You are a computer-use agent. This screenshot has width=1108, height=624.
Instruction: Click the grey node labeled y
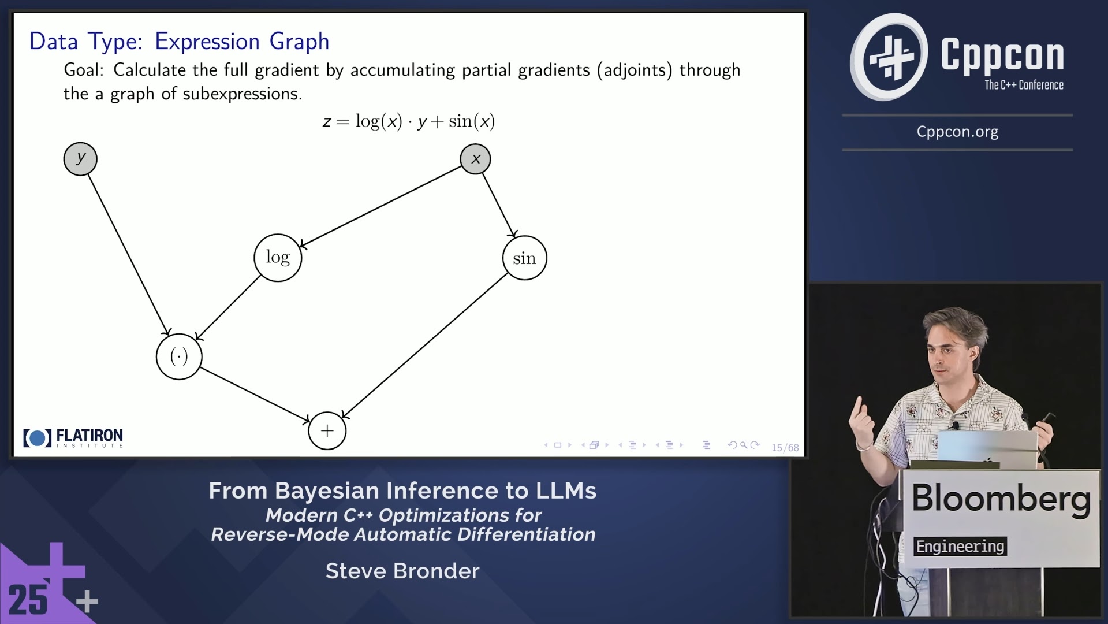pyautogui.click(x=80, y=159)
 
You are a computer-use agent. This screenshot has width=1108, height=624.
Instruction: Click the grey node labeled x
pyautogui.click(x=475, y=159)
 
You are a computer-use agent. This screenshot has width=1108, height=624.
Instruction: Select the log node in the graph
pyautogui.click(x=278, y=258)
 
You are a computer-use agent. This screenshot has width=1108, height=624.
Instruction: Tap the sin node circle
pyautogui.click(x=524, y=258)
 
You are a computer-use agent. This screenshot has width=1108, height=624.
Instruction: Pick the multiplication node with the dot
pyautogui.click(x=179, y=356)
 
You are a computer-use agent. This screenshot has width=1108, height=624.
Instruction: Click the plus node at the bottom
pyautogui.click(x=327, y=431)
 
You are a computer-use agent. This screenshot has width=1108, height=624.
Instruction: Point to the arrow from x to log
pyautogui.click(x=381, y=207)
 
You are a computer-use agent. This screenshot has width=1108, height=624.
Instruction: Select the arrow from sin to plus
pyautogui.click(x=424, y=346)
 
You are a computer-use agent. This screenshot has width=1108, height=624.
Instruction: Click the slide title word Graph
pyautogui.click(x=299, y=42)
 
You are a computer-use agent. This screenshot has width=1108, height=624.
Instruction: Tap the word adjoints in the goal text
pyautogui.click(x=635, y=70)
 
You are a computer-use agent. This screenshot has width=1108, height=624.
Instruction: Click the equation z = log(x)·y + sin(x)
pyautogui.click(x=408, y=121)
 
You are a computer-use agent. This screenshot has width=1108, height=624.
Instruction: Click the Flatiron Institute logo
pyautogui.click(x=73, y=438)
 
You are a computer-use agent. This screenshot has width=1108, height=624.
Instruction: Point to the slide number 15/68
pyautogui.click(x=785, y=448)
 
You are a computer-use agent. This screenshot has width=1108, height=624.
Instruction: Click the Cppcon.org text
pyautogui.click(x=957, y=132)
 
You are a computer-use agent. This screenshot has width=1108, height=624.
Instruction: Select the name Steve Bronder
pyautogui.click(x=402, y=571)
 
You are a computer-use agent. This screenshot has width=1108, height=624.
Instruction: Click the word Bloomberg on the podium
pyautogui.click(x=1001, y=498)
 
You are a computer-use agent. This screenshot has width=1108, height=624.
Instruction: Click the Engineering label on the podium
pyautogui.click(x=960, y=547)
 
